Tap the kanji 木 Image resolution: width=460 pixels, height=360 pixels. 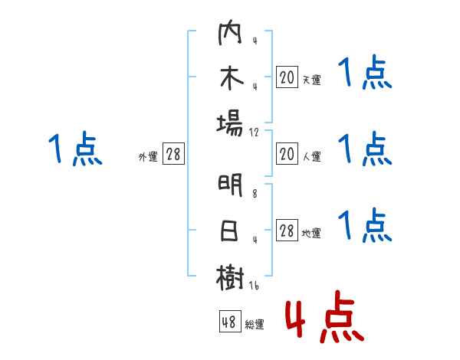[x=230, y=78]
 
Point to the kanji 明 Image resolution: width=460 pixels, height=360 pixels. [x=230, y=186]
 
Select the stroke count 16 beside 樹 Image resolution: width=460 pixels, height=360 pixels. [x=255, y=285]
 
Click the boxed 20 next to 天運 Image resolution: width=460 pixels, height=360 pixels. [x=287, y=77]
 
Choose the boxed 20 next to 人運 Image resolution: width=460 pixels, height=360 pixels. [x=287, y=155]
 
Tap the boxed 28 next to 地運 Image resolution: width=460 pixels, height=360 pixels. [x=287, y=231]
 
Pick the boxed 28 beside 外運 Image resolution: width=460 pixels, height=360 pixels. [x=173, y=155]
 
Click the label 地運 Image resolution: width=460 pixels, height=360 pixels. [x=312, y=233]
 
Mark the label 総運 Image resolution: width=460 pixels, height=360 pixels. [x=255, y=324]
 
